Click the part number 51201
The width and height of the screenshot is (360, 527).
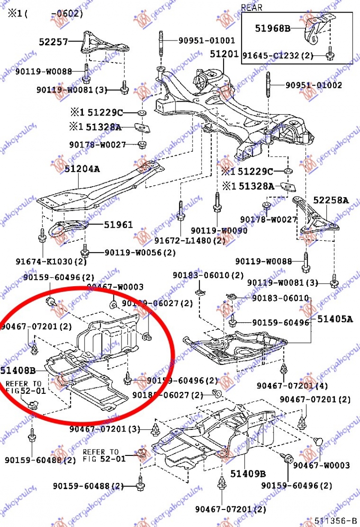[x=224, y=54]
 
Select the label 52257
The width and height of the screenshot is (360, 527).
[x=53, y=42]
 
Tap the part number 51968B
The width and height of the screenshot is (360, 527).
[x=273, y=28]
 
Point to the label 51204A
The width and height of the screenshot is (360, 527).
[x=82, y=169]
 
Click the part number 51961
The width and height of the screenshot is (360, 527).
[x=119, y=225]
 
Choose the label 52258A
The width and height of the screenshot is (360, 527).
[x=331, y=200]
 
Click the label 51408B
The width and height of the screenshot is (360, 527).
[x=18, y=370]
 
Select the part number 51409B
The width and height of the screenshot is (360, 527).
[x=248, y=473]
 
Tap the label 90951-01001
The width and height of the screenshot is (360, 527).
[x=207, y=41]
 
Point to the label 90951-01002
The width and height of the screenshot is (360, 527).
[x=314, y=85]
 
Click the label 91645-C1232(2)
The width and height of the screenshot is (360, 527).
[x=278, y=55]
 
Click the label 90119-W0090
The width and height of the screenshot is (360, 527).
[x=219, y=230]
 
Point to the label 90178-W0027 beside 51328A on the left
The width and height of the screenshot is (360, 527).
[x=98, y=144]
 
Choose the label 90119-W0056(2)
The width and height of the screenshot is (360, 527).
[x=140, y=252]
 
